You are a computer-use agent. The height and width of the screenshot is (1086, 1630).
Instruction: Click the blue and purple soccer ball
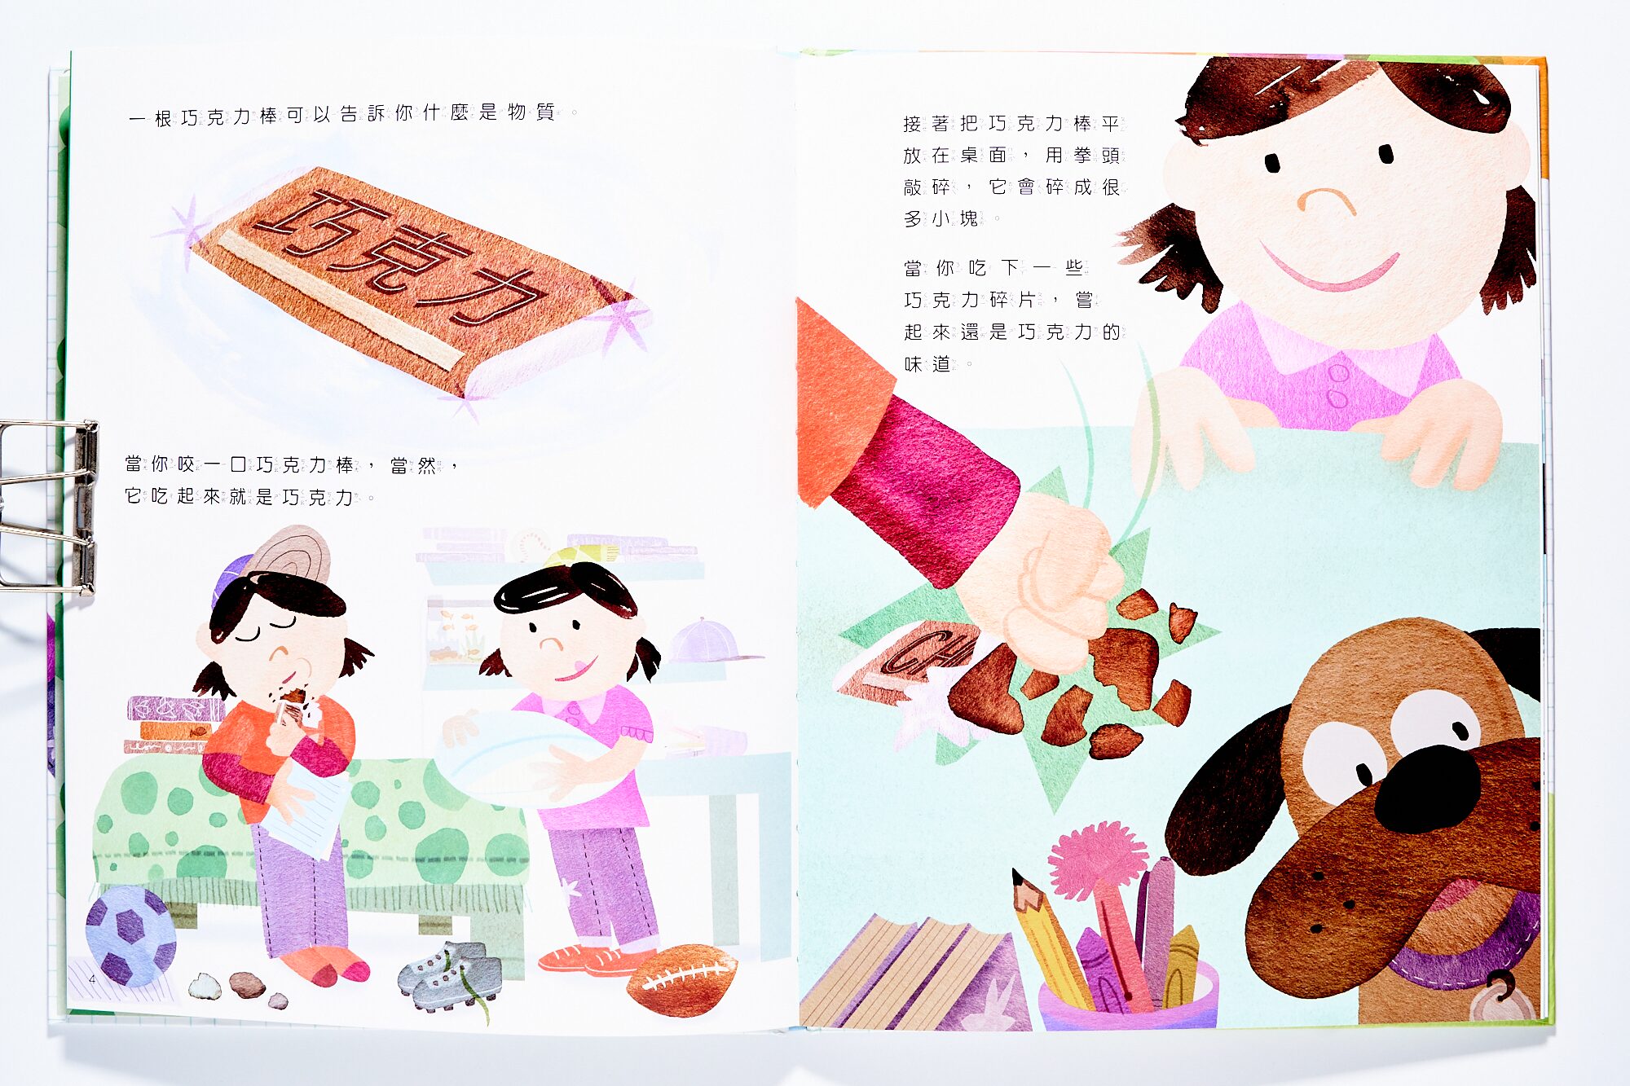[x=130, y=935]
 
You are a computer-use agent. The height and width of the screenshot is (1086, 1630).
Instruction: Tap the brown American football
[x=683, y=979]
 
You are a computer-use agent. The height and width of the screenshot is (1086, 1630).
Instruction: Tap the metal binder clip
[x=49, y=505]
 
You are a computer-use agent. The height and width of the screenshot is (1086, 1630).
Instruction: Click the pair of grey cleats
[x=451, y=974]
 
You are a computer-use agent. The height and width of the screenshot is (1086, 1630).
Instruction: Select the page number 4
[x=92, y=978]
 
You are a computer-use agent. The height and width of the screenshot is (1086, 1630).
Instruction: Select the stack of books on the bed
[x=173, y=724]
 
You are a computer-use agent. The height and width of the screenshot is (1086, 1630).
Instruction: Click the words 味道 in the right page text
[x=927, y=364]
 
